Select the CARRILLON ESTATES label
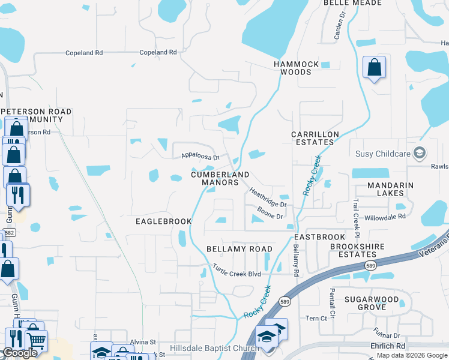click(315, 138)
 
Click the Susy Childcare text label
click(382, 154)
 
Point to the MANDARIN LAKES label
click(390, 189)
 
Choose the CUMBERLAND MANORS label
click(220, 178)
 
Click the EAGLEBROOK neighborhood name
click(160, 221)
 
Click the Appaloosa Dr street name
click(201, 156)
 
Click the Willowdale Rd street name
click(385, 216)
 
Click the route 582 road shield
click(9, 233)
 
